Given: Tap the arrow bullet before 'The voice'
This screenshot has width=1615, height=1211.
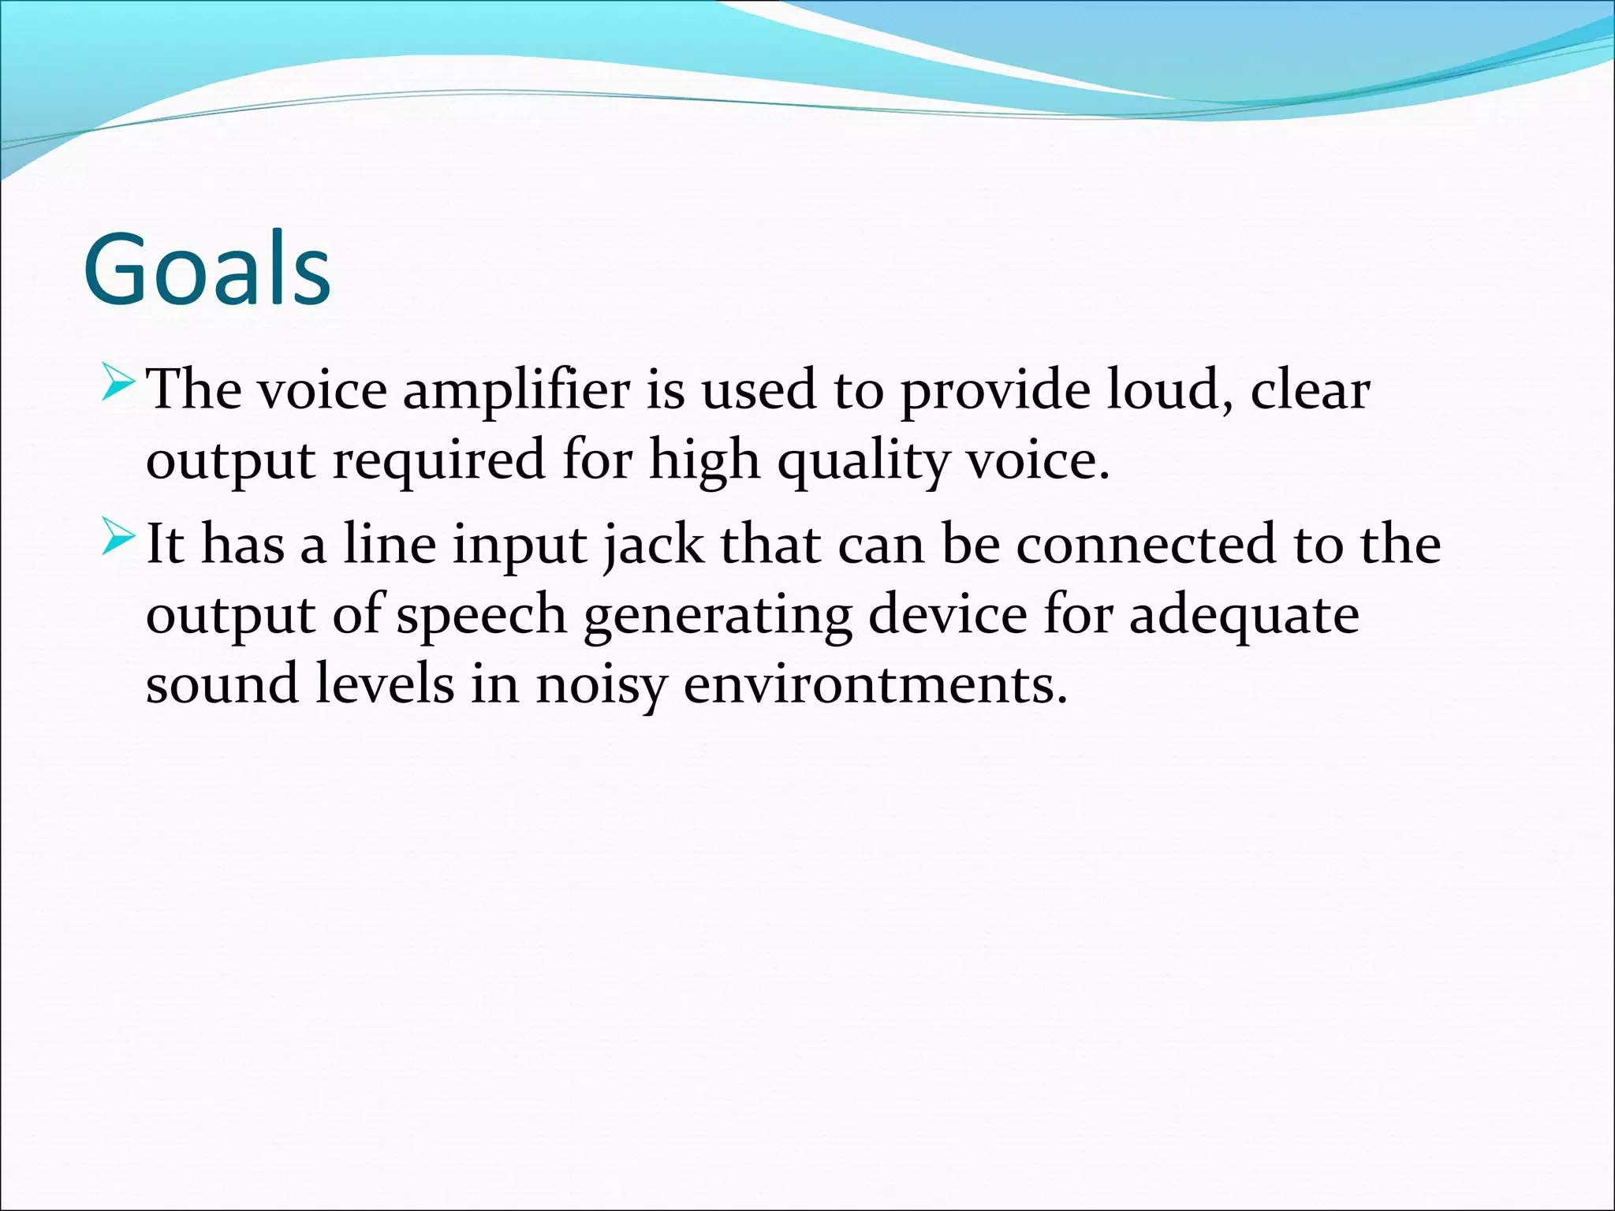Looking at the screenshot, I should pyautogui.click(x=118, y=384).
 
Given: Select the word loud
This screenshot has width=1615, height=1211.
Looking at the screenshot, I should pyautogui.click(x=1169, y=389).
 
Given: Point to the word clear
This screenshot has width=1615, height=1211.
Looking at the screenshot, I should pyautogui.click(x=1310, y=389).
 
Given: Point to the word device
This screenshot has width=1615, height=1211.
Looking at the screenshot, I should pyautogui.click(x=947, y=613).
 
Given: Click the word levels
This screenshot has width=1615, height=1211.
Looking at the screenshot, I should pyautogui.click(x=385, y=683).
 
